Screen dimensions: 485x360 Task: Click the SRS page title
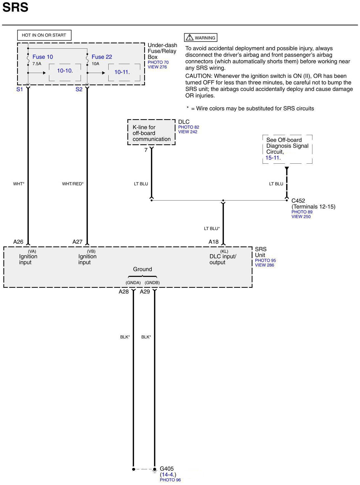[x=15, y=7]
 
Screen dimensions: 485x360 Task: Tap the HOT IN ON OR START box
[x=44, y=35]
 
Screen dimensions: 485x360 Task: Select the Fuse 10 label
[x=43, y=57]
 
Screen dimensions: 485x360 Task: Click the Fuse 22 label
[x=102, y=57]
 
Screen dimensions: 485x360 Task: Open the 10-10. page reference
[x=65, y=71]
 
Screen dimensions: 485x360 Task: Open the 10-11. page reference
[x=122, y=72]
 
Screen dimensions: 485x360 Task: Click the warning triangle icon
[x=190, y=37]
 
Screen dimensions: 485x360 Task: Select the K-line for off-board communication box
[x=151, y=133]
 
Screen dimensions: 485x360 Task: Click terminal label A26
[x=18, y=242]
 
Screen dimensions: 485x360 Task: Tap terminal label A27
[x=77, y=242]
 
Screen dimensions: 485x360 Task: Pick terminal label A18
[x=213, y=242]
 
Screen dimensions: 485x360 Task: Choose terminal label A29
[x=145, y=292]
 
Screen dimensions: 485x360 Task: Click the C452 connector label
[x=298, y=201]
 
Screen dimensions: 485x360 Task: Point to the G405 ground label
[x=167, y=468]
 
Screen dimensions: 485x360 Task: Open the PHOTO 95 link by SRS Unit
[x=265, y=260]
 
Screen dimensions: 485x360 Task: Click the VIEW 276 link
[x=157, y=67]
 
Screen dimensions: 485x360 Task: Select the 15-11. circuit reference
[x=273, y=158]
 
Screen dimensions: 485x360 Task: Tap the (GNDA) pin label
[x=133, y=282]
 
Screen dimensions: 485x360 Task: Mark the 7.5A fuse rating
[x=37, y=64]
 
